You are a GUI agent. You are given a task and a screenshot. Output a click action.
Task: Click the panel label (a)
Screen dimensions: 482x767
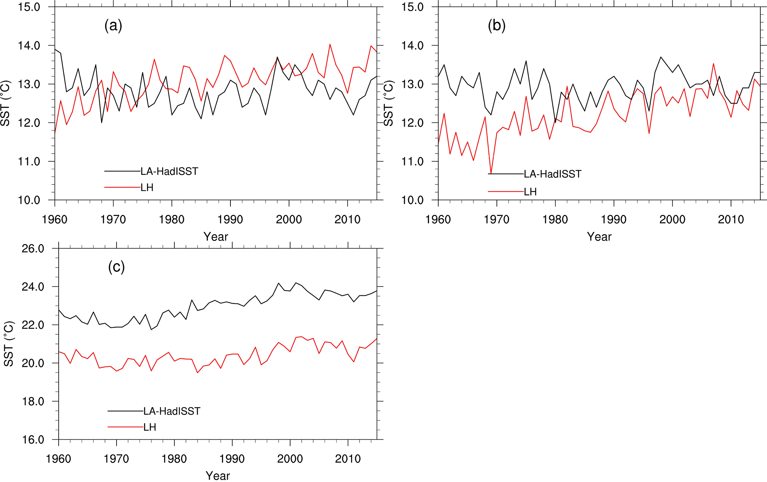click(x=113, y=26)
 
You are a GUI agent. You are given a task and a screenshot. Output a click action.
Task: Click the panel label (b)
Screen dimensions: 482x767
click(x=496, y=26)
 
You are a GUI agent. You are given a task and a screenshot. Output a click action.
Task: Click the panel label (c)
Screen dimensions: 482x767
click(x=116, y=267)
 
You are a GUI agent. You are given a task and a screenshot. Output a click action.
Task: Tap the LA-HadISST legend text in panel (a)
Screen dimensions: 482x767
click(x=169, y=171)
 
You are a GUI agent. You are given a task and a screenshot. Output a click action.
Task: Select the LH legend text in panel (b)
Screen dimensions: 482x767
click(x=530, y=192)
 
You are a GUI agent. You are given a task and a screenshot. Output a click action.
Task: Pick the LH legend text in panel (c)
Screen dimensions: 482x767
click(x=150, y=427)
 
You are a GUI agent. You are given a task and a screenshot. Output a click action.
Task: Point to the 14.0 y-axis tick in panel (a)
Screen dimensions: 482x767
click(x=29, y=46)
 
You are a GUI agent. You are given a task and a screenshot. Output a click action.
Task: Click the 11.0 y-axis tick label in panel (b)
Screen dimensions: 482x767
click(x=412, y=161)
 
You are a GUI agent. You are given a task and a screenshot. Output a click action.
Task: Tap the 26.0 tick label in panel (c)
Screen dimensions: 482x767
click(x=33, y=249)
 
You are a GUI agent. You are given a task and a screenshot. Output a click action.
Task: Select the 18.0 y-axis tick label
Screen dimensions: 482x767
click(x=33, y=401)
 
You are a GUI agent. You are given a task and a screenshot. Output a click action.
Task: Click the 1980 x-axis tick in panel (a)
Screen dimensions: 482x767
click(x=172, y=219)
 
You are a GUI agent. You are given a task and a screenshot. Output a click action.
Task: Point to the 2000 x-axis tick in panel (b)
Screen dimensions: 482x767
click(x=672, y=219)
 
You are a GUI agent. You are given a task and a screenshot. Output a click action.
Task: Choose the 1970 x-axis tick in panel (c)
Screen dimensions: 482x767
click(x=116, y=459)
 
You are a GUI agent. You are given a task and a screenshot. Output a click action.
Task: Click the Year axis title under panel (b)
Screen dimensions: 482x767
click(x=599, y=237)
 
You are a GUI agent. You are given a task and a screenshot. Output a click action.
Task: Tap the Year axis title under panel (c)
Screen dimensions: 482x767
click(x=218, y=476)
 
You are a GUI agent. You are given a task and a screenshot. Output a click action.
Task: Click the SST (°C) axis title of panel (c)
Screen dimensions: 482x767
click(x=9, y=344)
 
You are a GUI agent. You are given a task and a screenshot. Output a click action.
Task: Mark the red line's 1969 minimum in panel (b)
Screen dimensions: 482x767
click(x=491, y=174)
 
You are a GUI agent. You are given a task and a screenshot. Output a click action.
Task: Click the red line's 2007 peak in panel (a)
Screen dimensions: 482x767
click(x=330, y=45)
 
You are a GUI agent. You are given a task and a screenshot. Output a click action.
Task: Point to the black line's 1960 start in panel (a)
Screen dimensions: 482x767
click(x=55, y=49)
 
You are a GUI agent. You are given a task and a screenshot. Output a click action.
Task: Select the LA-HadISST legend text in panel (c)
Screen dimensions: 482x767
click(x=172, y=411)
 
